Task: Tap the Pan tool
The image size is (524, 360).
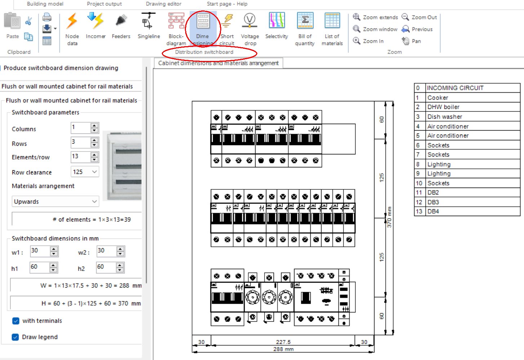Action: (x=411, y=41)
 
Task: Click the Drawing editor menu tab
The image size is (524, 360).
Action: (x=163, y=4)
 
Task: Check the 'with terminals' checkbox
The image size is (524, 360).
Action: (x=15, y=321)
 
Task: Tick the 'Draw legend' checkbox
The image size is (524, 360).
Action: (x=15, y=337)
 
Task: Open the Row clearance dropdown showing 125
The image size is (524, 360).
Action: (x=85, y=172)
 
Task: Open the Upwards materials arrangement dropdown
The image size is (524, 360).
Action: (x=55, y=202)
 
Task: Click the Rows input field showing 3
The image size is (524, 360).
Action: (x=80, y=142)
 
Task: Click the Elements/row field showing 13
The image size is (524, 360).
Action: (x=80, y=157)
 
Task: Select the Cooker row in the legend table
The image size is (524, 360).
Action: (x=438, y=98)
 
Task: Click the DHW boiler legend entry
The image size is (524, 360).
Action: (x=443, y=107)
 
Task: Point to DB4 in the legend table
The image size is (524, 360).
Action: (x=433, y=211)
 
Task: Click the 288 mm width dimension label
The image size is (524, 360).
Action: (x=283, y=349)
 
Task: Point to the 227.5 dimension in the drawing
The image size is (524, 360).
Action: (x=283, y=342)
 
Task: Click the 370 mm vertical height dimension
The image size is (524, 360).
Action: (x=389, y=217)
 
